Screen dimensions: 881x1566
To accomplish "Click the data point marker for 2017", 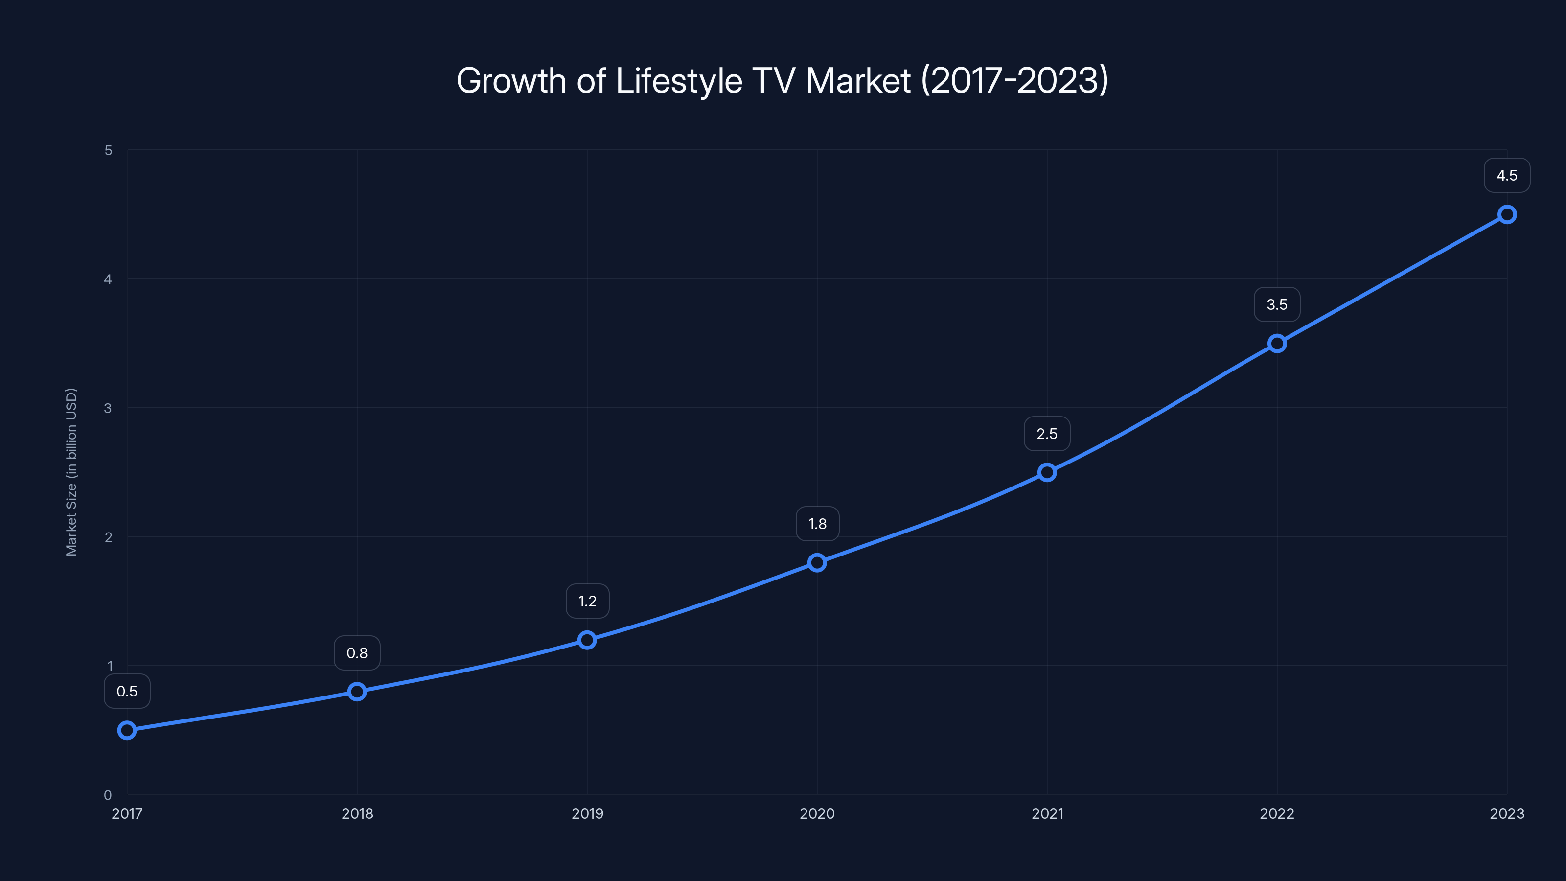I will (x=127, y=730).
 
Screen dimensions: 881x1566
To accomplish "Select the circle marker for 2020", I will (x=817, y=562).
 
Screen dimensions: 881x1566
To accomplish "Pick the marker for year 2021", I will (x=1047, y=472).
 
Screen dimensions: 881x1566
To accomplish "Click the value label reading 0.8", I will (x=357, y=653).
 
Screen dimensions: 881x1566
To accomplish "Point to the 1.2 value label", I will (x=587, y=602).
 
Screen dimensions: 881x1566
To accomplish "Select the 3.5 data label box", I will (x=1277, y=304).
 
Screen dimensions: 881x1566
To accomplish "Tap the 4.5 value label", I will (x=1507, y=176).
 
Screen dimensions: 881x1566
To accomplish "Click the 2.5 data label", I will (x=1047, y=434).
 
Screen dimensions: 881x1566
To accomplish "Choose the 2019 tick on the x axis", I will (x=587, y=813).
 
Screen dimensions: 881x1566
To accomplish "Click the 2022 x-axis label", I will (x=1277, y=813).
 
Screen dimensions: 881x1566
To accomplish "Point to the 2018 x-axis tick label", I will (x=357, y=813).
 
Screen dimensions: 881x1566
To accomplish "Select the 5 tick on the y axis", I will (x=108, y=150).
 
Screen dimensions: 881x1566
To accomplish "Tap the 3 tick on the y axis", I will (x=108, y=408).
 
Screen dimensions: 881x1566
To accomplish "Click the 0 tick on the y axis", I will (x=108, y=795).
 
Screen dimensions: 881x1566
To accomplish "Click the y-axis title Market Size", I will (x=71, y=472).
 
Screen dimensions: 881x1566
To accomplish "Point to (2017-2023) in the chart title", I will (x=1014, y=81).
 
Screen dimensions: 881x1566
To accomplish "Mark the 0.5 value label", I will (x=127, y=691).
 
